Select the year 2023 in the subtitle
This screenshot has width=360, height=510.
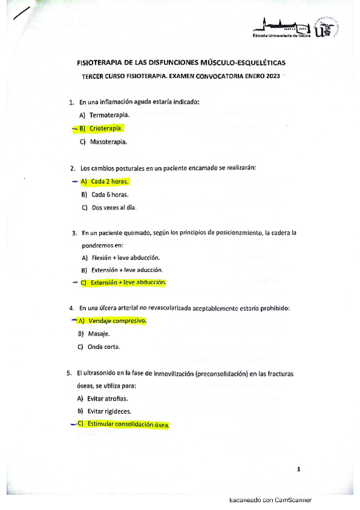pyautogui.click(x=272, y=76)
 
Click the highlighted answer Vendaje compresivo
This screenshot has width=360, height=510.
pyautogui.click(x=117, y=321)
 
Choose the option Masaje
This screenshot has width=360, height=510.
pyautogui.click(x=99, y=333)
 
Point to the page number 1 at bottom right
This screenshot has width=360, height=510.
pyautogui.click(x=298, y=470)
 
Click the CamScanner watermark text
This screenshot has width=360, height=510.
pyautogui.click(x=270, y=500)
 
